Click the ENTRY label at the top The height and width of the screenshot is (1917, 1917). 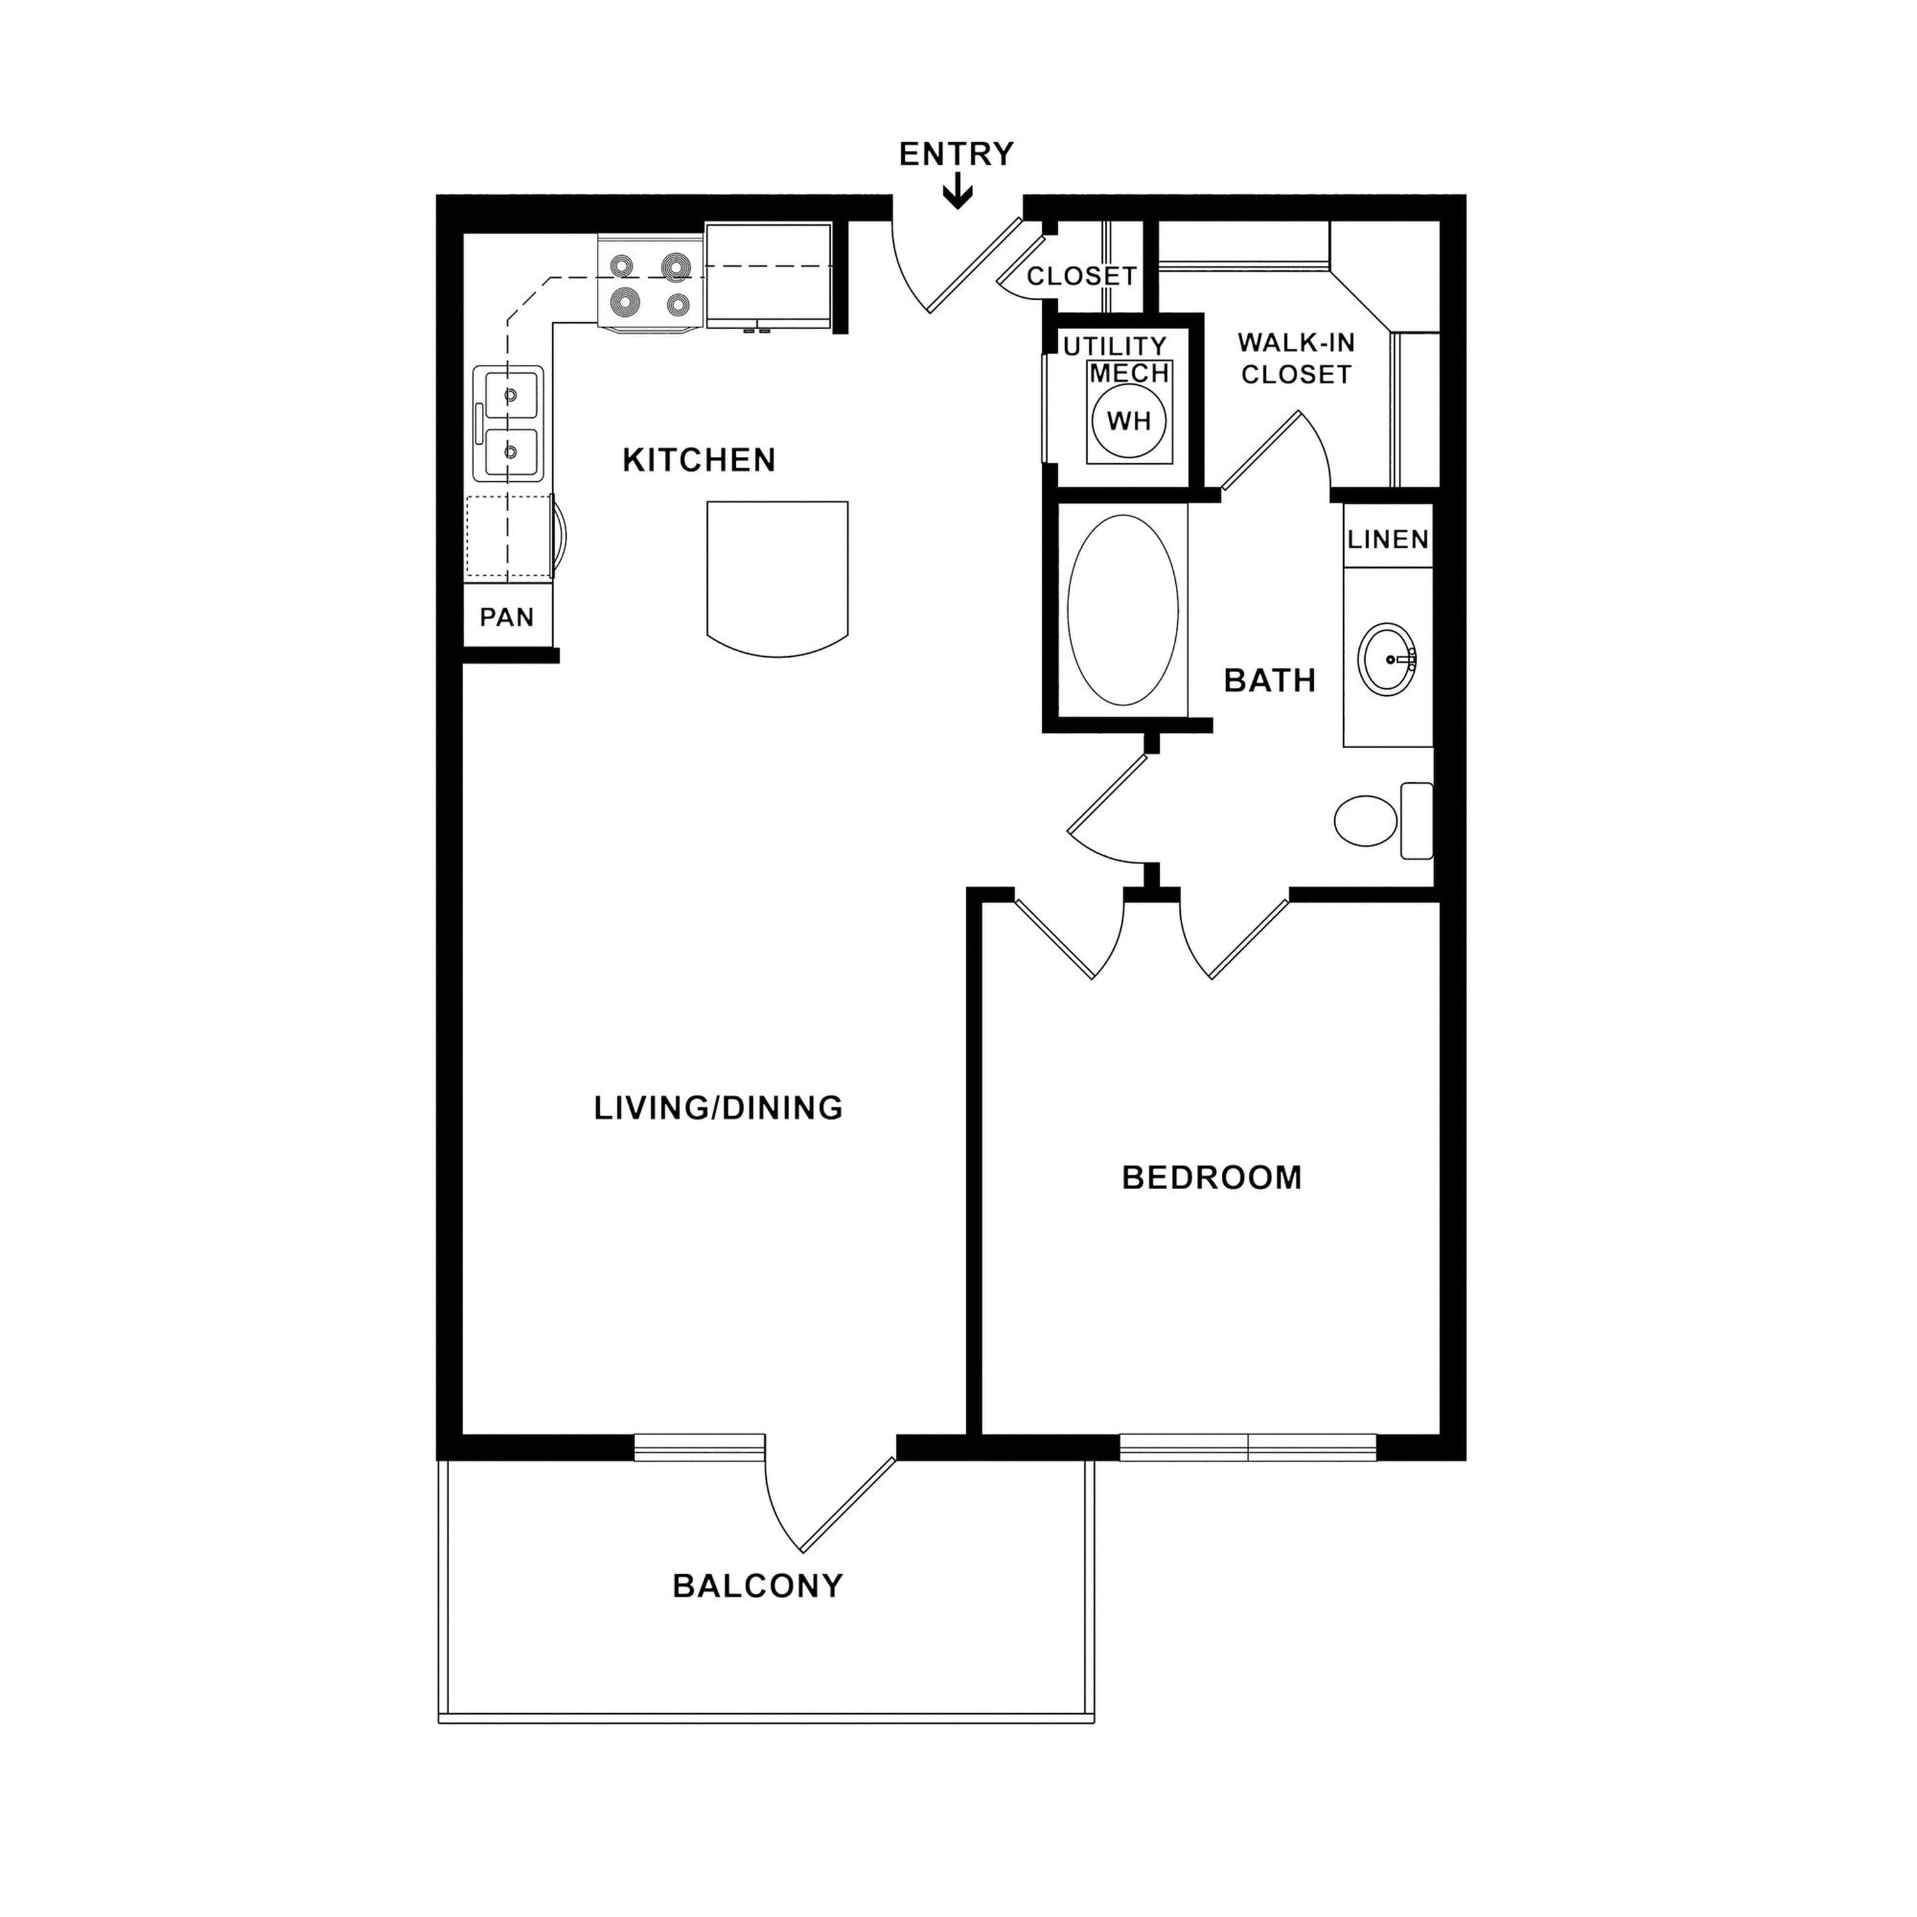pos(957,154)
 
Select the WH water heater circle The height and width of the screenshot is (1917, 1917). pos(1128,420)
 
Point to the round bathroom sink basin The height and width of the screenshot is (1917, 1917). pos(1387,659)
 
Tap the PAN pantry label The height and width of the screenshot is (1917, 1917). pos(507,617)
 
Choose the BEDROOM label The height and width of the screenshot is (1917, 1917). pos(1212,1178)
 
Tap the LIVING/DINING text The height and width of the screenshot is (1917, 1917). pos(718,1108)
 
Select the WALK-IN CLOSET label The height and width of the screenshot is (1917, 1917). pos(1296,358)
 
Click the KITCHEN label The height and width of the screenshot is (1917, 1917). pos(700,460)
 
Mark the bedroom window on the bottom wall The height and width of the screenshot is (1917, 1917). pos(1248,1448)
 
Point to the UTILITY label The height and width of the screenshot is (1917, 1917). pos(1115,346)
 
